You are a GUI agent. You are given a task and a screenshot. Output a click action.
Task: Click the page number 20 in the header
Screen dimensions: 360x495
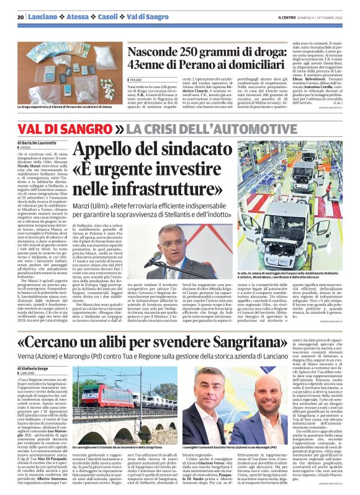pyautogui.click(x=21, y=17)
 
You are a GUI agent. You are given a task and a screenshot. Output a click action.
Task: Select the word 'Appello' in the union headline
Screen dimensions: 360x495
pyautogui.click(x=108, y=151)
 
